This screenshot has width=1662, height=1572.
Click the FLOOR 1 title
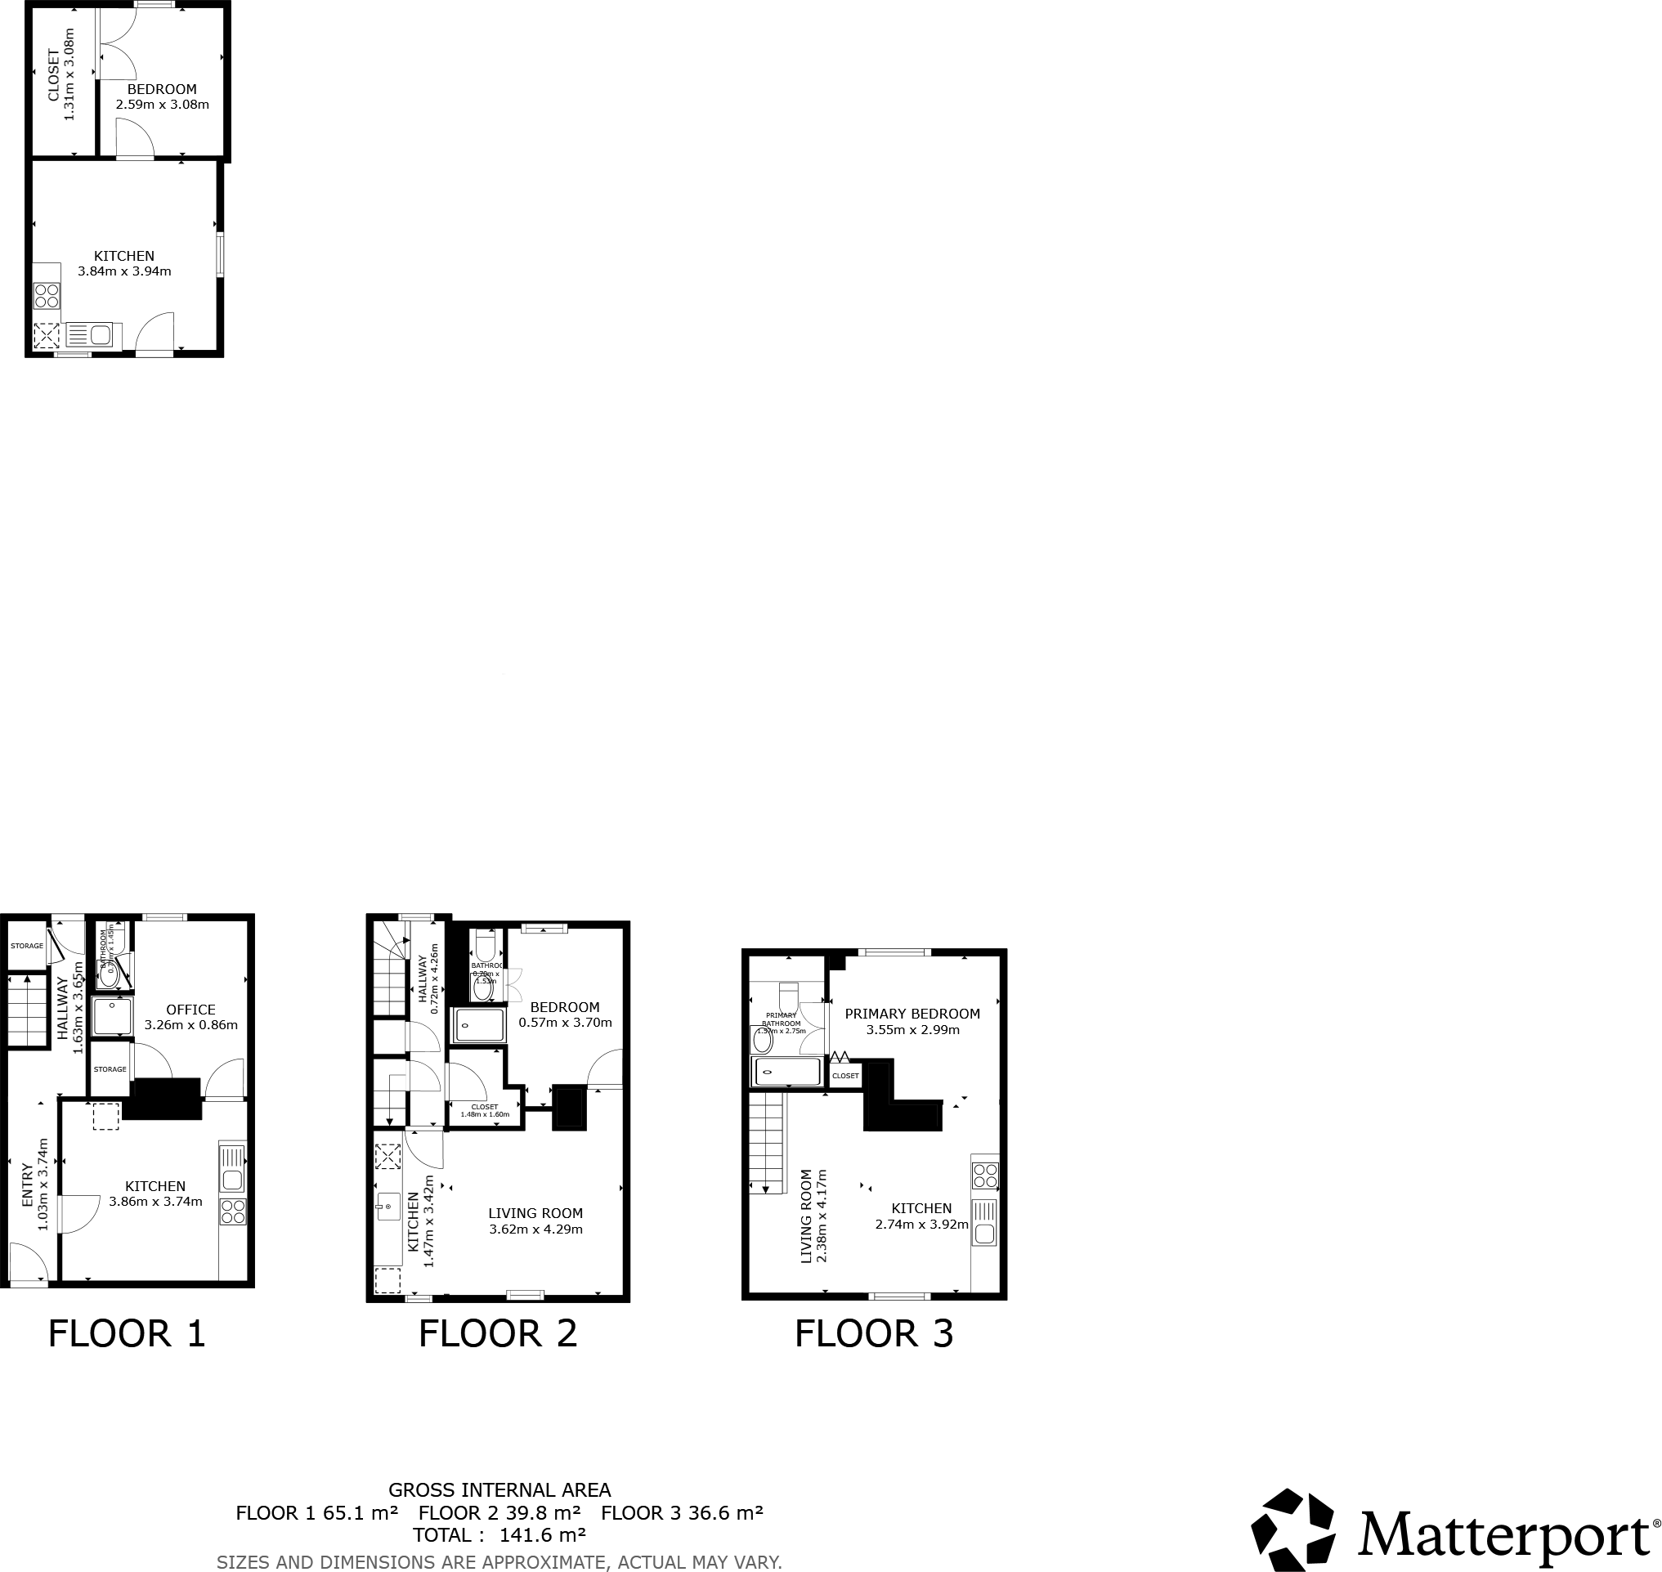(x=127, y=1333)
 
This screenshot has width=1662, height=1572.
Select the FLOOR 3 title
(x=873, y=1333)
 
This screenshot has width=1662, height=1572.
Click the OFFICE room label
(x=190, y=1010)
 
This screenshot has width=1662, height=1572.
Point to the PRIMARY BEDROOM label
(x=912, y=1014)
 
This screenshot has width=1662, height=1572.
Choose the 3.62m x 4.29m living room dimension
(x=535, y=1229)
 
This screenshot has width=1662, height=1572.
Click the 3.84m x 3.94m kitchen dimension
(x=124, y=271)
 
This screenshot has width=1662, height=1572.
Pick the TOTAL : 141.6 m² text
(x=499, y=1535)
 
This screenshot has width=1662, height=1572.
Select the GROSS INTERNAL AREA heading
(x=499, y=1490)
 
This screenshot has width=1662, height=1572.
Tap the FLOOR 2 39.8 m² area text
(x=499, y=1512)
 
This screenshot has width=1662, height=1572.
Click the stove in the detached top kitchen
(x=47, y=296)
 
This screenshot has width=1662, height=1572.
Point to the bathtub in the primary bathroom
(x=787, y=1072)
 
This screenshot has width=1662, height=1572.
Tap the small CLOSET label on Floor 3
(x=844, y=1076)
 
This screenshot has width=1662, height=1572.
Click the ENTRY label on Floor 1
(x=27, y=1184)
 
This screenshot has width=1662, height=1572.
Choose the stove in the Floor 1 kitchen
(x=232, y=1211)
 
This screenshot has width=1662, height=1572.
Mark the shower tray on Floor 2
(x=480, y=1026)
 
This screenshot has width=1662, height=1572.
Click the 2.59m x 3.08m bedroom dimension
(x=163, y=105)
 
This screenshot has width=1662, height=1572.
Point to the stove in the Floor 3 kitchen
(x=985, y=1176)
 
